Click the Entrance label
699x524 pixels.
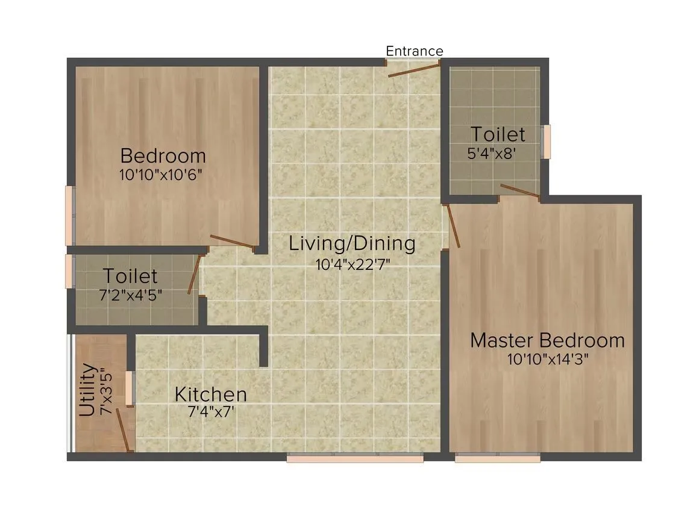coord(414,51)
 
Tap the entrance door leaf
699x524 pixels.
coord(415,69)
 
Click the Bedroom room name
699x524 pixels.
coord(163,156)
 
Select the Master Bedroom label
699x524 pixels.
coord(547,340)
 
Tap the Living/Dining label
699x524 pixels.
coord(353,244)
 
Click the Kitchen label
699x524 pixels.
coord(210,395)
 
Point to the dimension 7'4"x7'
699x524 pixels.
coord(210,413)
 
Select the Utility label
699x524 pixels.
coord(87,390)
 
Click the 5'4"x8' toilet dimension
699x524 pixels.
coord(492,153)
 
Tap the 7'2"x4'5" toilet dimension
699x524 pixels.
coord(130,295)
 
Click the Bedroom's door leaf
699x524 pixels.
coord(231,242)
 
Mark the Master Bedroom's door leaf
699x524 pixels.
coord(453,226)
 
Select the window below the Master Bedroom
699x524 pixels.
coord(497,458)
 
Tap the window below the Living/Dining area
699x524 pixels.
coord(355,458)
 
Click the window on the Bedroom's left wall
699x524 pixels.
coord(70,216)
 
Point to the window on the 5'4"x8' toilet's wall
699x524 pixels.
coord(546,142)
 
